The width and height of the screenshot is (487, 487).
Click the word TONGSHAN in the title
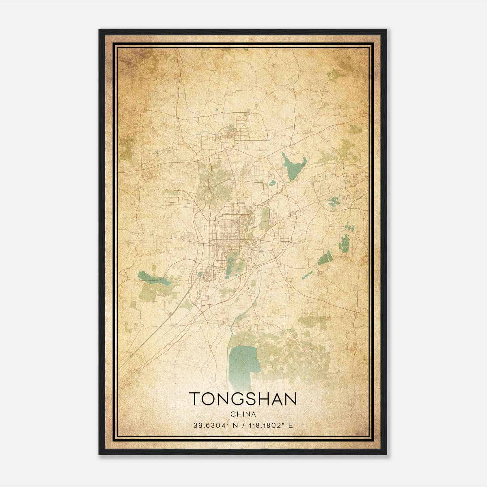(x=243, y=399)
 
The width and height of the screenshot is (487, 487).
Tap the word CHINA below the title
(x=243, y=414)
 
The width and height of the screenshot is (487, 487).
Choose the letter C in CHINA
(x=233, y=414)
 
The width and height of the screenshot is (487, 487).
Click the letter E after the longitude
(x=290, y=426)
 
